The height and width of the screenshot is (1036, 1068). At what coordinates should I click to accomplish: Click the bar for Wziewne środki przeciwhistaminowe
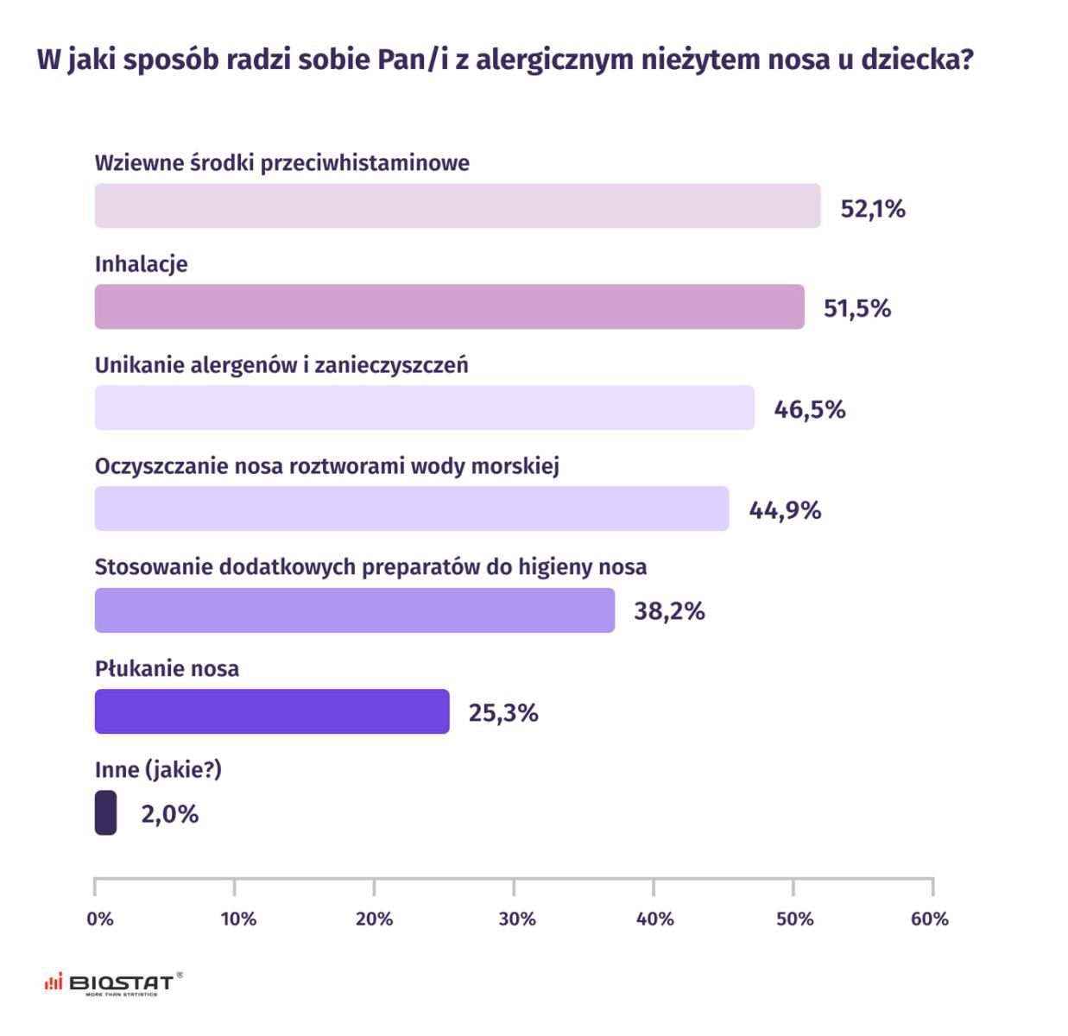458,205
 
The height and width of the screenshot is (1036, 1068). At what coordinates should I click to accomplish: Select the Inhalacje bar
449,306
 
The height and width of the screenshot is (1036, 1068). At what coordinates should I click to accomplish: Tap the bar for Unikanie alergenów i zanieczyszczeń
424,407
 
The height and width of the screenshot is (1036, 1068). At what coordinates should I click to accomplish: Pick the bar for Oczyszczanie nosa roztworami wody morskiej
411,509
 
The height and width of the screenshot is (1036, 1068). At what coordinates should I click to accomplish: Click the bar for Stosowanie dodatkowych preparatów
354,610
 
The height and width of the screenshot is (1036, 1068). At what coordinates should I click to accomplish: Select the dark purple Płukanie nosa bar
272,711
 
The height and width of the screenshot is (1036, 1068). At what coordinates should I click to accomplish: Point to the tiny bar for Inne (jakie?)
105,812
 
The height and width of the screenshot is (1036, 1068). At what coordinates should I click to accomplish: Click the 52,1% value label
873,209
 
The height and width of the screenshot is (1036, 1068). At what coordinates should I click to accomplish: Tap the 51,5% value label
856,308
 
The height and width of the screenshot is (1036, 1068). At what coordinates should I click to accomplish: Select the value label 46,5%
809,409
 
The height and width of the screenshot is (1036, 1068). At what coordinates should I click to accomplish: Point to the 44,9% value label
785,510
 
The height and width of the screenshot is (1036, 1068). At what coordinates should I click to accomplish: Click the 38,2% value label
669,611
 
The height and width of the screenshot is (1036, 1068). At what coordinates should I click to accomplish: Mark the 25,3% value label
503,713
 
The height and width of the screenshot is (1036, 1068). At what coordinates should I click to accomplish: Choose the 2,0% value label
170,814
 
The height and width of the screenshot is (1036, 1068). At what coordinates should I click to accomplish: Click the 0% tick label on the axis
100,919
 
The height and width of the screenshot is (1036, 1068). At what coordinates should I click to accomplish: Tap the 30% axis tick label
517,919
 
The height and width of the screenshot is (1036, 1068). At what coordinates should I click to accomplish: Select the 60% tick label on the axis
930,919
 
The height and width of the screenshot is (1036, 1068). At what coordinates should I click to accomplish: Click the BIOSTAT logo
113,983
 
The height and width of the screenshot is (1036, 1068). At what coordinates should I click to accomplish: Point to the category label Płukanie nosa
167,668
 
